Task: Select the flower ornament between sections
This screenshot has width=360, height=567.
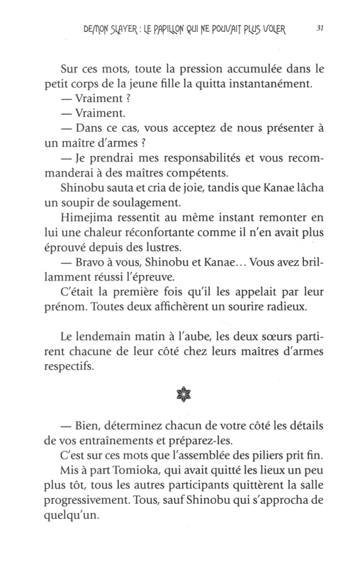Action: [180, 393]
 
